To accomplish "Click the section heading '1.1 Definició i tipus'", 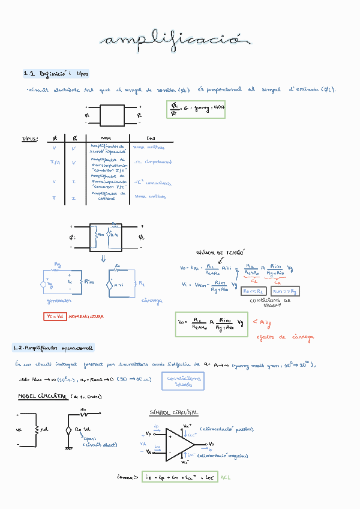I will pyautogui.click(x=56, y=74).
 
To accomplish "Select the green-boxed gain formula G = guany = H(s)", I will pyautogui.click(x=196, y=109).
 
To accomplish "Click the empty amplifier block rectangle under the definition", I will pyautogui.click(x=112, y=115).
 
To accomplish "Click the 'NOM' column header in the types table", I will pyautogui.click(x=106, y=138).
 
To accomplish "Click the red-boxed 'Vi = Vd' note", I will pyautogui.click(x=55, y=316).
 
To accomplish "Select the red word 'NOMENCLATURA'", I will pyautogui.click(x=86, y=316).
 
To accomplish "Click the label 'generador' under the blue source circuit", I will pyautogui.click(x=59, y=300).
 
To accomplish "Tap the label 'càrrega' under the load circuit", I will pyautogui.click(x=152, y=301).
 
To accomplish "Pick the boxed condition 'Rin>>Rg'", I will pyautogui.click(x=286, y=291).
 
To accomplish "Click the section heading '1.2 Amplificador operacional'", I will pyautogui.click(x=54, y=348).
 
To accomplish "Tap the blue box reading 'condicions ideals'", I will pyautogui.click(x=182, y=381).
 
